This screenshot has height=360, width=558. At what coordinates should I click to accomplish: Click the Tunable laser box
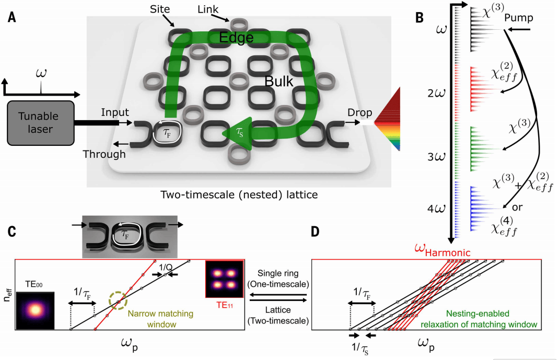[40, 123]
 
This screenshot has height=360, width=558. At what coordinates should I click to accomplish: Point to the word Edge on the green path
[236, 38]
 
